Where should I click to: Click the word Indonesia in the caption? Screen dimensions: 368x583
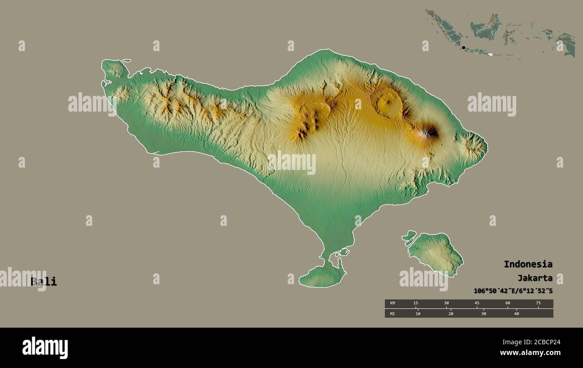pos(528,264)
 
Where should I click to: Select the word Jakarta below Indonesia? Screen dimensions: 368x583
pos(535,278)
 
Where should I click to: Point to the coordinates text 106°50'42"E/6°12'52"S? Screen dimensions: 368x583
pos(513,291)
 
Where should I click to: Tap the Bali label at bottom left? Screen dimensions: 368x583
pos(44,281)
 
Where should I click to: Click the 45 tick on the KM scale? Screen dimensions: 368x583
pos(477,303)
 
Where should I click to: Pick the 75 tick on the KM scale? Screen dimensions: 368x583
pos(538,303)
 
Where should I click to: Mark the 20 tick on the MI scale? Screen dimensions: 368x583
pos(451,313)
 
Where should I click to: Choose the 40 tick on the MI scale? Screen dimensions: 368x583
pos(517,313)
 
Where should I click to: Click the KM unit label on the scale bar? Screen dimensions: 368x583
pos(392,303)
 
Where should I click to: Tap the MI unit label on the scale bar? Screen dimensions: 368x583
pos(392,313)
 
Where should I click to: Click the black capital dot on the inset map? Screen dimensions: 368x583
pos(463,47)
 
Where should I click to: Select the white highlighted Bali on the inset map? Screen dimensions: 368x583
pos(491,55)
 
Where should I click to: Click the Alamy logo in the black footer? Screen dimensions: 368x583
pos(45,347)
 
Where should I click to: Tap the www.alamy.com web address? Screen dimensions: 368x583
pos(530,353)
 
